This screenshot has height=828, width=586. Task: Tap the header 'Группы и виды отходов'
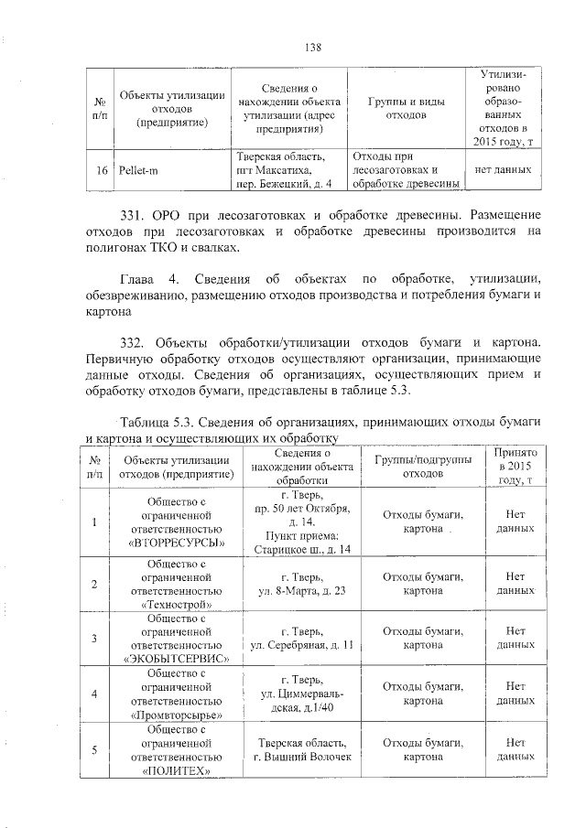coord(407,109)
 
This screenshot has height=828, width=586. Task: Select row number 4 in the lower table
coord(94,693)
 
